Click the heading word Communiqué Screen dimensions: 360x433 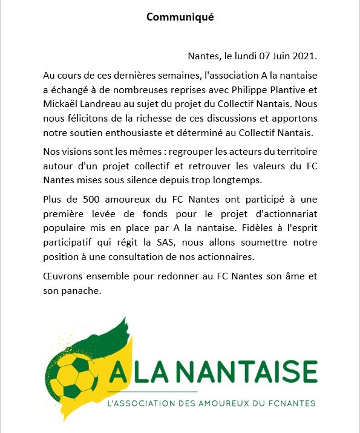(x=180, y=17)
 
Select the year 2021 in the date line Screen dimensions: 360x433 (x=304, y=56)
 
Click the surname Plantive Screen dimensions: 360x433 (x=277, y=90)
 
